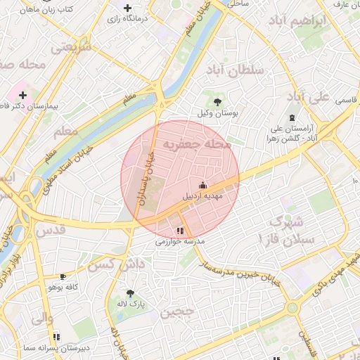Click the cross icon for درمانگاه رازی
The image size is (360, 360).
pos(127,8)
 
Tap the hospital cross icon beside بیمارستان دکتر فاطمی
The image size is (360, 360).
pos(23,95)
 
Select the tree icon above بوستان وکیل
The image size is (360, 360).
pos(217,102)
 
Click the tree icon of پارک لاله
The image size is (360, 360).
pos(130,293)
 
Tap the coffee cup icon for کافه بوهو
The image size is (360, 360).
pos(63,277)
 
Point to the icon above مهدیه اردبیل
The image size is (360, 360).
pos(203,185)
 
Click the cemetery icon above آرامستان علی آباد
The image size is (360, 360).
pos(292,117)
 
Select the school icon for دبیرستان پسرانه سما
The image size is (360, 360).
pos(56,337)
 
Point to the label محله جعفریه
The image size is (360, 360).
pos(198,143)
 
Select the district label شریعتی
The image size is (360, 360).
pos(72,47)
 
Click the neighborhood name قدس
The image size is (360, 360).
pos(50,229)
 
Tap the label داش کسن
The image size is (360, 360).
pos(115,264)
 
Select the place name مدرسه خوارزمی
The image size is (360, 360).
pos(180,241)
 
